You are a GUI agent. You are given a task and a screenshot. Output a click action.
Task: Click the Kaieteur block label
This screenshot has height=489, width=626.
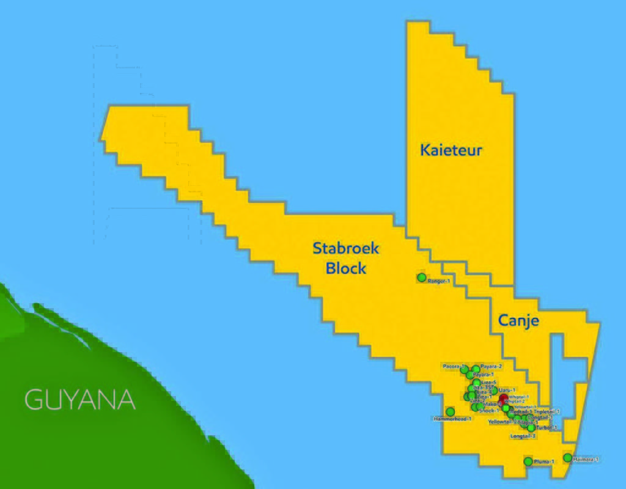pos(451,150)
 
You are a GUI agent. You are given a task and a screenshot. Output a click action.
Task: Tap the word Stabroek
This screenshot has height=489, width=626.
pos(346,248)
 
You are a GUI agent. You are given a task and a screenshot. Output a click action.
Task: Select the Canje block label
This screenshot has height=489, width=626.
pos(518,320)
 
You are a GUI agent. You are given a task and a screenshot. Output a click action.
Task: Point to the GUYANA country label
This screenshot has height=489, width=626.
pos(79,400)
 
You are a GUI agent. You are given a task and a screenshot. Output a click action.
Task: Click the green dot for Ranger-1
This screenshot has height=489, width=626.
pos(421,278)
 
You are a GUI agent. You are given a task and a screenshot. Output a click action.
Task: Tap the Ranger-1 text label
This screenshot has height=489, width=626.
pos(439,281)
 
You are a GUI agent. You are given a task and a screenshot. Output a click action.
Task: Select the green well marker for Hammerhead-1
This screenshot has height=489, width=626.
pos(451,411)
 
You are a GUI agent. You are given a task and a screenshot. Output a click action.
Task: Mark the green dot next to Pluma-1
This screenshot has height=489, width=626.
pos(528,461)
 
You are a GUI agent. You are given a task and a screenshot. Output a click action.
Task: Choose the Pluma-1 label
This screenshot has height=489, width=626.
pos(543,461)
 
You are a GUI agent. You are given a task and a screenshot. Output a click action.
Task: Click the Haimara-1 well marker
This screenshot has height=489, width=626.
pos(567,457)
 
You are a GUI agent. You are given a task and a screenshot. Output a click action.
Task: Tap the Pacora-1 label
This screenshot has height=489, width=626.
pos(454,366)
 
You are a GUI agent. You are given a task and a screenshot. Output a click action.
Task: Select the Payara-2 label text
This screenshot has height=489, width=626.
pos(491,366)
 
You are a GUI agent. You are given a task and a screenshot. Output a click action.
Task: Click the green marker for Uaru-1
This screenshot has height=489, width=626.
pos(494,390)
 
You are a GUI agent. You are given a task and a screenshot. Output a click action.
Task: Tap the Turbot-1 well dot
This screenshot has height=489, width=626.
pos(531,428)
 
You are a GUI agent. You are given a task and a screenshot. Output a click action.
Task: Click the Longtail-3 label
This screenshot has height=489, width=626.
pos(523,436)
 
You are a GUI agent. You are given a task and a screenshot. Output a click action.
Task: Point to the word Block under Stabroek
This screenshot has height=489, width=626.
pos(346,268)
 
